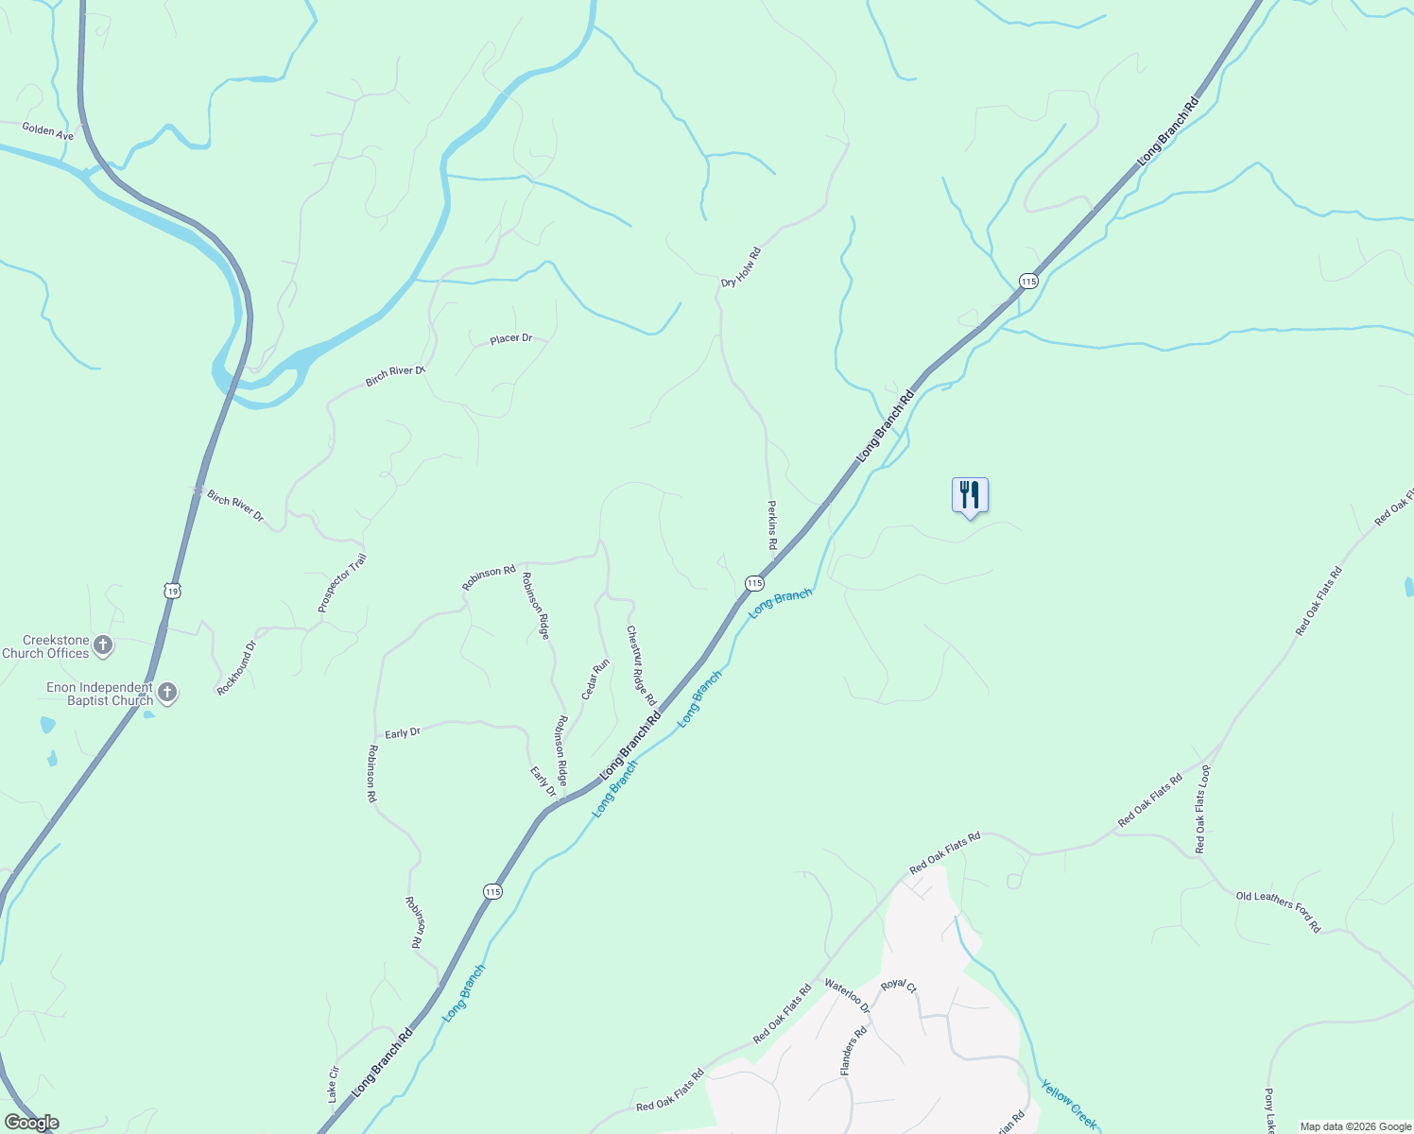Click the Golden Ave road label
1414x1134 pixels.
[47, 130]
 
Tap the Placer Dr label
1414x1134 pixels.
[510, 338]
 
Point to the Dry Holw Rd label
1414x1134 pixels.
[740, 268]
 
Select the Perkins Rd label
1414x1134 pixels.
[771, 526]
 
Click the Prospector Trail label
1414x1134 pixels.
[341, 583]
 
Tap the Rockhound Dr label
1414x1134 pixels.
[236, 668]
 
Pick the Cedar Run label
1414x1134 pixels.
[595, 679]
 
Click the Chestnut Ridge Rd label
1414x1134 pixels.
[641, 665]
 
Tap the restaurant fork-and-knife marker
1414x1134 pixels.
[970, 494]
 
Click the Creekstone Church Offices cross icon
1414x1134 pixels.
[103, 646]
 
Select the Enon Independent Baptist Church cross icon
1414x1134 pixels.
[166, 693]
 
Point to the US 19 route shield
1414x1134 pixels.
[171, 591]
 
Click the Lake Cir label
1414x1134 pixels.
[333, 1084]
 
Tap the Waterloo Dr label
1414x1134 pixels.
[846, 996]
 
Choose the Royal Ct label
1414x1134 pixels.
[898, 985]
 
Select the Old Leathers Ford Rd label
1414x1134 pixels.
[1278, 912]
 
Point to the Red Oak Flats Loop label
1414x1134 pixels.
[1202, 809]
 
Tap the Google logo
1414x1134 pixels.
[31, 1123]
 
